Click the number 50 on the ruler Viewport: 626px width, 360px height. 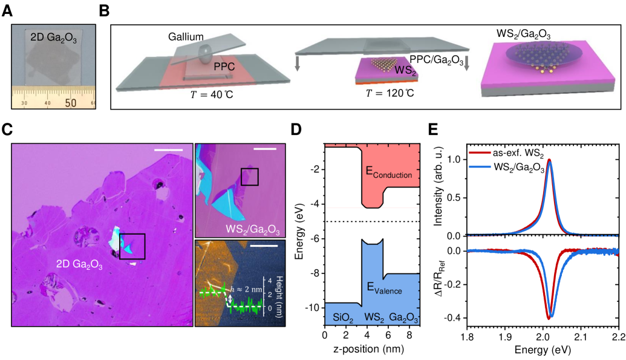[70, 103]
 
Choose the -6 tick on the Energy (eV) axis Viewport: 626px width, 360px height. [315, 239]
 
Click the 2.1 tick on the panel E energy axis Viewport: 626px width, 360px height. [581, 333]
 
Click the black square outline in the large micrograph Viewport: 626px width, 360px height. [131, 246]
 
